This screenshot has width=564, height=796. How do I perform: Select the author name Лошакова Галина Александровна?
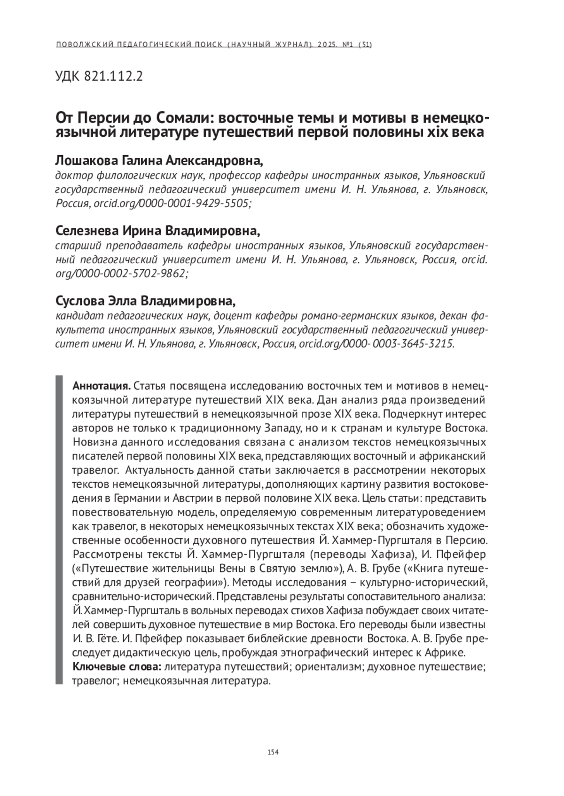159,161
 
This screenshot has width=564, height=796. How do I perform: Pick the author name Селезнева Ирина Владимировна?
157,231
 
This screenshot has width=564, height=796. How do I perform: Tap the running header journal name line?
214,45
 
